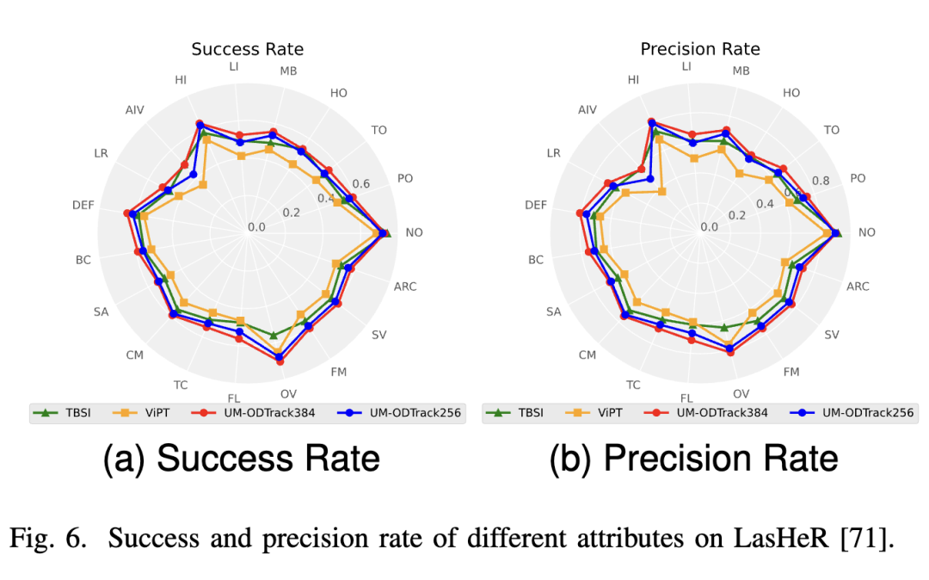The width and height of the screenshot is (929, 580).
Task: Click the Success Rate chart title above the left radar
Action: point(247,49)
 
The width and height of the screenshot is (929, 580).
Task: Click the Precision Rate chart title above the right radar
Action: point(699,49)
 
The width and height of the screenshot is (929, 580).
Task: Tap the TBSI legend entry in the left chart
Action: point(65,413)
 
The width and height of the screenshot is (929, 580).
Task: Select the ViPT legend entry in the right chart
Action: point(609,412)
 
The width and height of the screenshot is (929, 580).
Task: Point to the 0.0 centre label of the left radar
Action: point(256,227)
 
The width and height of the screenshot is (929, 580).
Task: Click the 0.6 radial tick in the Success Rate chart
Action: point(361,184)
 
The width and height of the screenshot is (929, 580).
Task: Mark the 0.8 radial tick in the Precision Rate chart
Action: point(821,182)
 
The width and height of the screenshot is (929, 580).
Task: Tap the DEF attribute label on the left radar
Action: point(83,205)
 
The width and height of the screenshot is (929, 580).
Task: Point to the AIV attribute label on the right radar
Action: point(587,110)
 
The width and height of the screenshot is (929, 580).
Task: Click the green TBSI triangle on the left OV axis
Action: point(274,335)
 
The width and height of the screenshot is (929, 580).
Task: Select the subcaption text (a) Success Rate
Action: point(241,459)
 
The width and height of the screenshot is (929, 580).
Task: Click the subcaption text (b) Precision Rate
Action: point(693,459)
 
